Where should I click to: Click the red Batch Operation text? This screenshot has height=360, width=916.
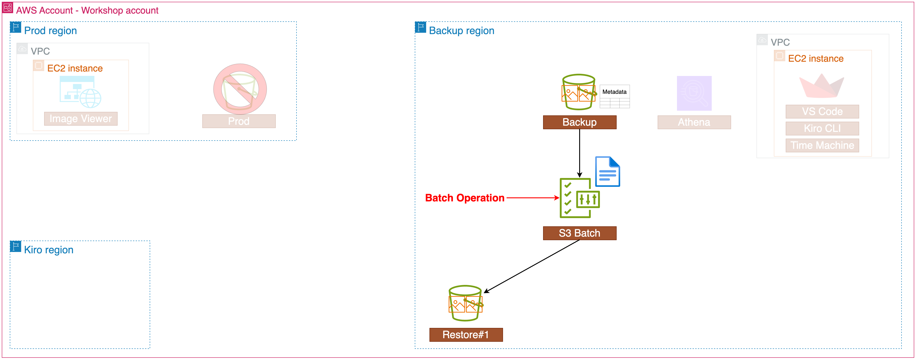click(464, 198)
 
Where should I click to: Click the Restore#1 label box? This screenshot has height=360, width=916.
click(466, 334)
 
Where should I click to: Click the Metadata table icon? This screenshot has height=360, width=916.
click(614, 96)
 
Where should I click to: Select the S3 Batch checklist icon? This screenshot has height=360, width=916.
click(579, 198)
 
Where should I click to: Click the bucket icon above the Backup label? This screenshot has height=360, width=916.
click(579, 92)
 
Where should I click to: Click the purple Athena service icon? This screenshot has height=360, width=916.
click(694, 93)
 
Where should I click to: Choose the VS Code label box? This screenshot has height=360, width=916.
click(822, 111)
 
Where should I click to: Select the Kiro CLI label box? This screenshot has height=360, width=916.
click(822, 128)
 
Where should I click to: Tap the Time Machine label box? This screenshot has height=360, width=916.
click(822, 145)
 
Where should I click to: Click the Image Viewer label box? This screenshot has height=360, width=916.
click(81, 119)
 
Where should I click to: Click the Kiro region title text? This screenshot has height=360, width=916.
click(49, 250)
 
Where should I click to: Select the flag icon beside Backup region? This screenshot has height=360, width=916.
click(420, 27)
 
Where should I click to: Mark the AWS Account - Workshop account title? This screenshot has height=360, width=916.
click(87, 10)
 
